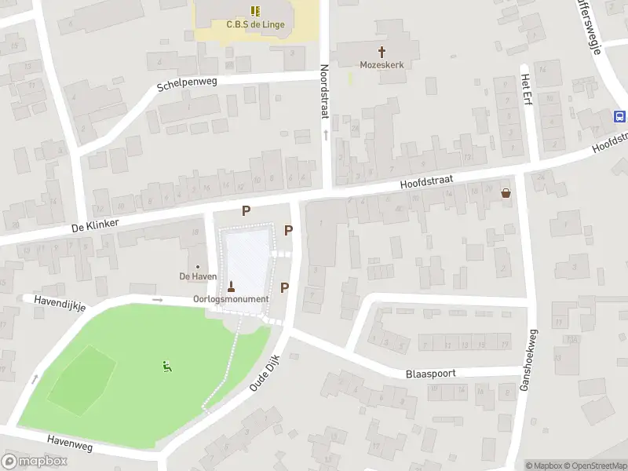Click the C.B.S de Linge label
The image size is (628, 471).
click(255, 24)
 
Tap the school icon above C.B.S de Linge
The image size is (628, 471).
click(255, 11)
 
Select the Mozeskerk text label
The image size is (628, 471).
click(382, 65)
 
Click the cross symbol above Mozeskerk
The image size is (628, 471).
click(382, 52)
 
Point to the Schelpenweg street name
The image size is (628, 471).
click(187, 82)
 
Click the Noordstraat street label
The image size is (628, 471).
click(324, 92)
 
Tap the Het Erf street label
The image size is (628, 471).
click(526, 93)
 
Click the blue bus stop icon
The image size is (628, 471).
click(619, 116)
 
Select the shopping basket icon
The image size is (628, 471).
click(506, 192)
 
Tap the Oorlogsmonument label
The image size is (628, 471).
click(231, 299)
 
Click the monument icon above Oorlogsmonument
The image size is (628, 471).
click(231, 286)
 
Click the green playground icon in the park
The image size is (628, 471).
click(167, 366)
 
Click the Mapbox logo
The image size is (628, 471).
click(35, 462)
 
